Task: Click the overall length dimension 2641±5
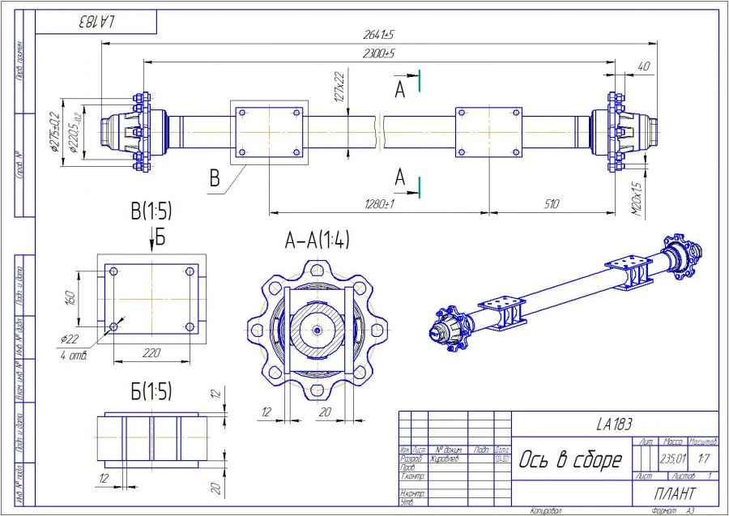pos(378,35)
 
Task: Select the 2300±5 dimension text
pos(378,53)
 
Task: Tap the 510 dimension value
pos(551,205)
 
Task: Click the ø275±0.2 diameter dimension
pos(54,130)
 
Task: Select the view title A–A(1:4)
pos(317,239)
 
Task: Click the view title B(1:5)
pos(151,213)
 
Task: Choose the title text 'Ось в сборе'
pos(570,459)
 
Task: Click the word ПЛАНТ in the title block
pos(674,493)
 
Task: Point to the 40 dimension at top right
pos(643,66)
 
